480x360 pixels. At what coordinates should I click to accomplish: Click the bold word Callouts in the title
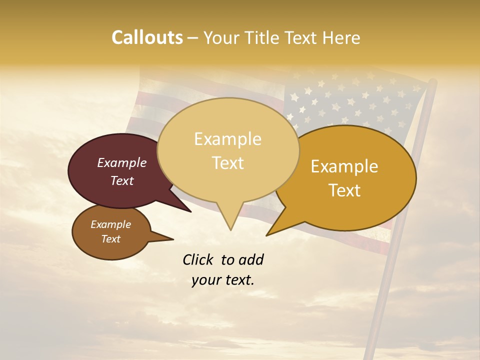[147, 37]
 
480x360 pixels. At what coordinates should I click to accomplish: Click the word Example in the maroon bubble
[122, 162]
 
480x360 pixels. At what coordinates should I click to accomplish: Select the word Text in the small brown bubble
[111, 239]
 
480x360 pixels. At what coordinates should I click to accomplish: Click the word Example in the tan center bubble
[227, 139]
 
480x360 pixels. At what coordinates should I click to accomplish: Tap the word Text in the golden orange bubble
[344, 190]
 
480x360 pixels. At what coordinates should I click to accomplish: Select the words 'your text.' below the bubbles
[223, 280]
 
